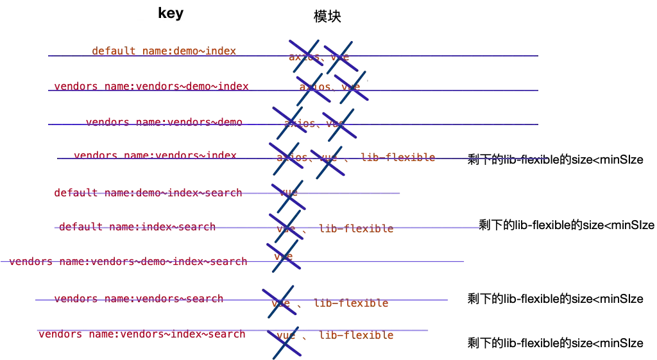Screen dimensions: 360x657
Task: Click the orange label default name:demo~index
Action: (x=164, y=51)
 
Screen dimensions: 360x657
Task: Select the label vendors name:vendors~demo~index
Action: (x=151, y=86)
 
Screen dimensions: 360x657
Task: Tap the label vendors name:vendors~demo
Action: (x=164, y=121)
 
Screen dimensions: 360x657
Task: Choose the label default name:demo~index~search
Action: (x=148, y=192)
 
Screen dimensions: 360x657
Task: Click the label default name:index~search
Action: (x=136, y=227)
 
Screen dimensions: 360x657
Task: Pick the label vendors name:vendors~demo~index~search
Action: (x=128, y=261)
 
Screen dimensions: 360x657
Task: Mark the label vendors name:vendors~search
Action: (x=138, y=298)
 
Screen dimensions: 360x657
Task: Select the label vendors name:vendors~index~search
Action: (x=141, y=334)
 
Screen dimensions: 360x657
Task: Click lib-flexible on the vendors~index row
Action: (x=397, y=157)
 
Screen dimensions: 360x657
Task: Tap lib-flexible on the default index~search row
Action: (x=356, y=228)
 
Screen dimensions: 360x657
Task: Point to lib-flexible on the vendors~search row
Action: (x=352, y=304)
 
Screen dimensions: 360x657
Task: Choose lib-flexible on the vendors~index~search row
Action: (x=356, y=335)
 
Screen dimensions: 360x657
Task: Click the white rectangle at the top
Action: (x=169, y=28)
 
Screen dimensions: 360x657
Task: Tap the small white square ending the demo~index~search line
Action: (x=402, y=193)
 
